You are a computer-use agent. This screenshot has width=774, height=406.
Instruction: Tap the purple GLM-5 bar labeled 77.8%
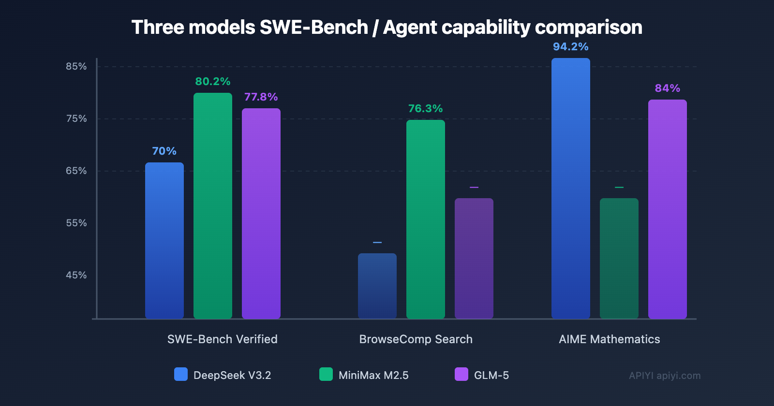261,213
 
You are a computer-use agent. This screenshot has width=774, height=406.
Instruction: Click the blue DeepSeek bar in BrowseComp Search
377,286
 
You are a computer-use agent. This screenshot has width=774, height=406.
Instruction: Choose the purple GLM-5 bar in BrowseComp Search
474,258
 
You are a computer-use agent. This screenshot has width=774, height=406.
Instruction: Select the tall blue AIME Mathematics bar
571,188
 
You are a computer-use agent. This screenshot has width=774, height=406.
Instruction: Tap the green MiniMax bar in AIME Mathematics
619,258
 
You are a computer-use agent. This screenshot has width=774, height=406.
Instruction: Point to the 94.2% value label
571,47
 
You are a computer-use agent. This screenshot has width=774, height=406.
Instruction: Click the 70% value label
164,151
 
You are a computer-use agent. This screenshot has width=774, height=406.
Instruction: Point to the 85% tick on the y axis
76,67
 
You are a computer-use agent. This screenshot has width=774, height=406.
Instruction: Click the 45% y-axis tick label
76,275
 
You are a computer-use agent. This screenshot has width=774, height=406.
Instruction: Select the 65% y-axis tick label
76,171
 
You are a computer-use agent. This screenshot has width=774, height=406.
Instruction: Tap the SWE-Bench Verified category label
223,339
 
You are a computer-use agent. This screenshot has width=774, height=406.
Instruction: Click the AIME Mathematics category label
610,339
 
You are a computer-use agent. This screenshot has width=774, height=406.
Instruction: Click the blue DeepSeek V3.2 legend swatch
181,375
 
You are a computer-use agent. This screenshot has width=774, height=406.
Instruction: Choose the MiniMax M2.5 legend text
373,376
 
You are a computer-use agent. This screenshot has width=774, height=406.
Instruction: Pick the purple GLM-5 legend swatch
461,375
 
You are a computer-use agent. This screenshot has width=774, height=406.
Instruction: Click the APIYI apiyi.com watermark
665,376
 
